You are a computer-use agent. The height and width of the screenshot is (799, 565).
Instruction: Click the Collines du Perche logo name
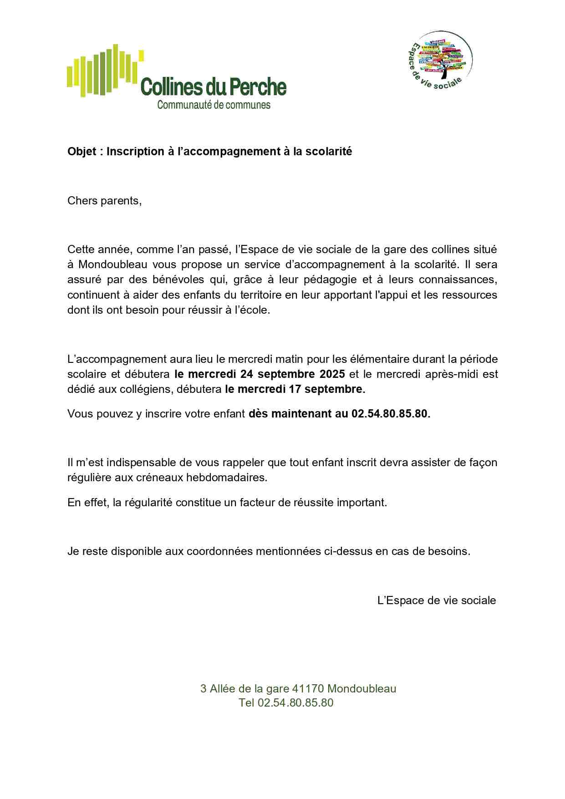point(214,87)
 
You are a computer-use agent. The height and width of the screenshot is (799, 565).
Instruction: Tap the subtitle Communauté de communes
point(214,105)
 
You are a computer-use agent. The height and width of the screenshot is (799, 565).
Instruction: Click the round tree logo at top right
point(439,60)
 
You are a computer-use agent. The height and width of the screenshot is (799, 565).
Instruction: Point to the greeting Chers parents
point(104,201)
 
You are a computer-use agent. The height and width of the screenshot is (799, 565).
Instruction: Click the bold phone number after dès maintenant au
point(391,414)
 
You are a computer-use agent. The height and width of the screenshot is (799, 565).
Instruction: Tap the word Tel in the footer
point(246,703)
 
